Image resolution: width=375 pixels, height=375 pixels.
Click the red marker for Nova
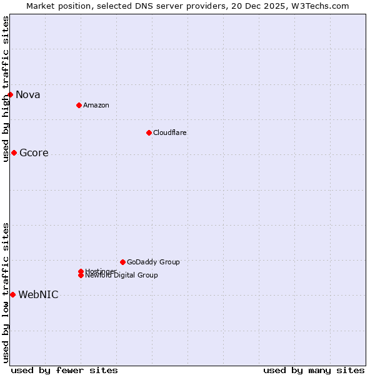click(x=11, y=94)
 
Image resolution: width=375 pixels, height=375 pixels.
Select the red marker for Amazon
click(x=79, y=105)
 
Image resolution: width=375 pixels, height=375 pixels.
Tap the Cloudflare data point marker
click(x=149, y=132)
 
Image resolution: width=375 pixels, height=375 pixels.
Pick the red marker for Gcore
click(x=14, y=152)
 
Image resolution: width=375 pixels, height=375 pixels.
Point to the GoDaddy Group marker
click(x=122, y=262)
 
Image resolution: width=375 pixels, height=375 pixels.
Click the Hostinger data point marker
click(x=81, y=271)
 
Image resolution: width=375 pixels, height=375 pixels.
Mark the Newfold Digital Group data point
click(x=81, y=276)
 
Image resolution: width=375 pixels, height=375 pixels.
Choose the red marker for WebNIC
click(x=12, y=294)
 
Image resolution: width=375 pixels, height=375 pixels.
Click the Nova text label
click(x=28, y=95)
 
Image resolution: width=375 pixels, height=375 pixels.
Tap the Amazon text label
click(x=96, y=105)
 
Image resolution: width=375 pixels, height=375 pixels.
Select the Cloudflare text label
click(x=170, y=132)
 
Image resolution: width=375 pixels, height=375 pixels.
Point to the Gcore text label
click(x=34, y=153)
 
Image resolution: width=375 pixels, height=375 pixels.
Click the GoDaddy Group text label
click(x=153, y=262)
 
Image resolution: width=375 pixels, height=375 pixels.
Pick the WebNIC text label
click(x=38, y=295)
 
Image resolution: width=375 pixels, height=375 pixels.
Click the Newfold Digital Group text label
click(x=122, y=276)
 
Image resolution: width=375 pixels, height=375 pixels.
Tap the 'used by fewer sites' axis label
click(x=64, y=371)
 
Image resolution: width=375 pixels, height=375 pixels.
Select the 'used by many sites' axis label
click(x=314, y=371)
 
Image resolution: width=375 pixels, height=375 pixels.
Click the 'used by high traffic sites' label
click(x=6, y=89)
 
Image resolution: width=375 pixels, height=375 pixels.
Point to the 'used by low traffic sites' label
click(x=6, y=292)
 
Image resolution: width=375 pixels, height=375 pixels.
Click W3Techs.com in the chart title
click(x=317, y=6)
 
